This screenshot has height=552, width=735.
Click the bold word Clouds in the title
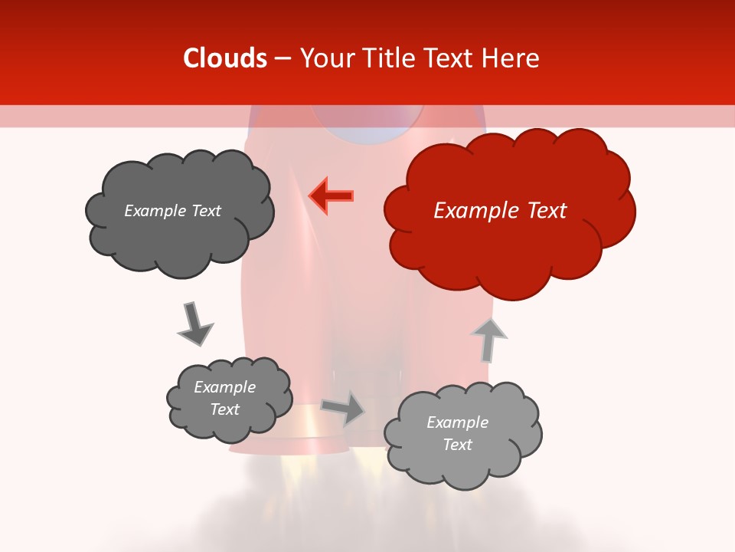tap(225, 58)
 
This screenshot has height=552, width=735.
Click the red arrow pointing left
tap(332, 195)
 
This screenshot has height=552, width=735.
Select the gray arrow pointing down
tap(194, 323)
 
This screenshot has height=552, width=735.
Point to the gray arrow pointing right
tap(343, 408)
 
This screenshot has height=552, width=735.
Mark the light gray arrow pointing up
tap(488, 339)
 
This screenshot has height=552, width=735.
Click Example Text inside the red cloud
tap(500, 211)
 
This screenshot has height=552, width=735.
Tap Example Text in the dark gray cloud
tap(172, 211)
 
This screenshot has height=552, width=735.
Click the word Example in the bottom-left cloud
tap(224, 387)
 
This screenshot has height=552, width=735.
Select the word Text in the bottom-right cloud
tap(457, 445)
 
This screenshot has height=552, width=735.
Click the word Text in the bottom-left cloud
tap(224, 409)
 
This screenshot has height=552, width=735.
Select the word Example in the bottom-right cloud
tap(457, 422)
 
